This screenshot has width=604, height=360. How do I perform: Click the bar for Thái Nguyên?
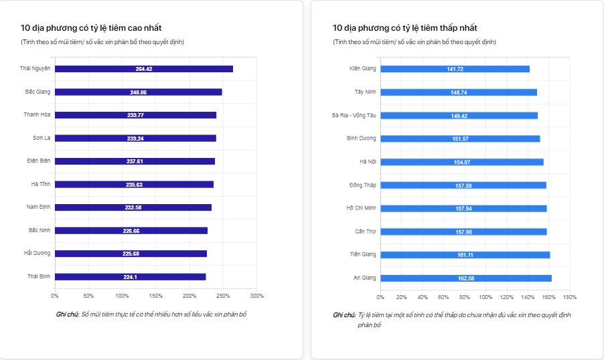(143, 69)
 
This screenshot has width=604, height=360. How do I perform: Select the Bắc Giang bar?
(138, 92)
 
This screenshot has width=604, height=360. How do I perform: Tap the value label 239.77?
(135, 115)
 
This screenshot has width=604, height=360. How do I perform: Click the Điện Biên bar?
(135, 161)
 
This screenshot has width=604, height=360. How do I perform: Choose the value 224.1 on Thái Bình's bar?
(131, 276)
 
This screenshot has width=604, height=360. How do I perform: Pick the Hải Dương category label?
(37, 253)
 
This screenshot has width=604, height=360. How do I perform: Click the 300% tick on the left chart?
(256, 296)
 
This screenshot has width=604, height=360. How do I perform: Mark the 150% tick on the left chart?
(155, 296)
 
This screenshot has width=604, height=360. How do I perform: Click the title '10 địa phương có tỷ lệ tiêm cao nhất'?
(91, 28)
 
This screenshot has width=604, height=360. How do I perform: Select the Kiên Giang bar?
(455, 69)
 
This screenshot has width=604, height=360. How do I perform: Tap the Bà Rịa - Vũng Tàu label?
(354, 115)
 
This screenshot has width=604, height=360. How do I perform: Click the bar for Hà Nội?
(462, 162)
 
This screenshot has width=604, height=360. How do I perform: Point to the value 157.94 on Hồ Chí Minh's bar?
(464, 208)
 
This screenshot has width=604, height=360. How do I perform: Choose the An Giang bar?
(466, 278)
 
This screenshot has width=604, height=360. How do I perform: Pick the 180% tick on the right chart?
(570, 296)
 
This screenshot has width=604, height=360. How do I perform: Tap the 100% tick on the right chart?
(485, 296)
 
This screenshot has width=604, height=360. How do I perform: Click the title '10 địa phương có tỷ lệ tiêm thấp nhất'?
(404, 28)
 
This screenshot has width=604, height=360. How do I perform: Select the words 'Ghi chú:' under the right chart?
(344, 314)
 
